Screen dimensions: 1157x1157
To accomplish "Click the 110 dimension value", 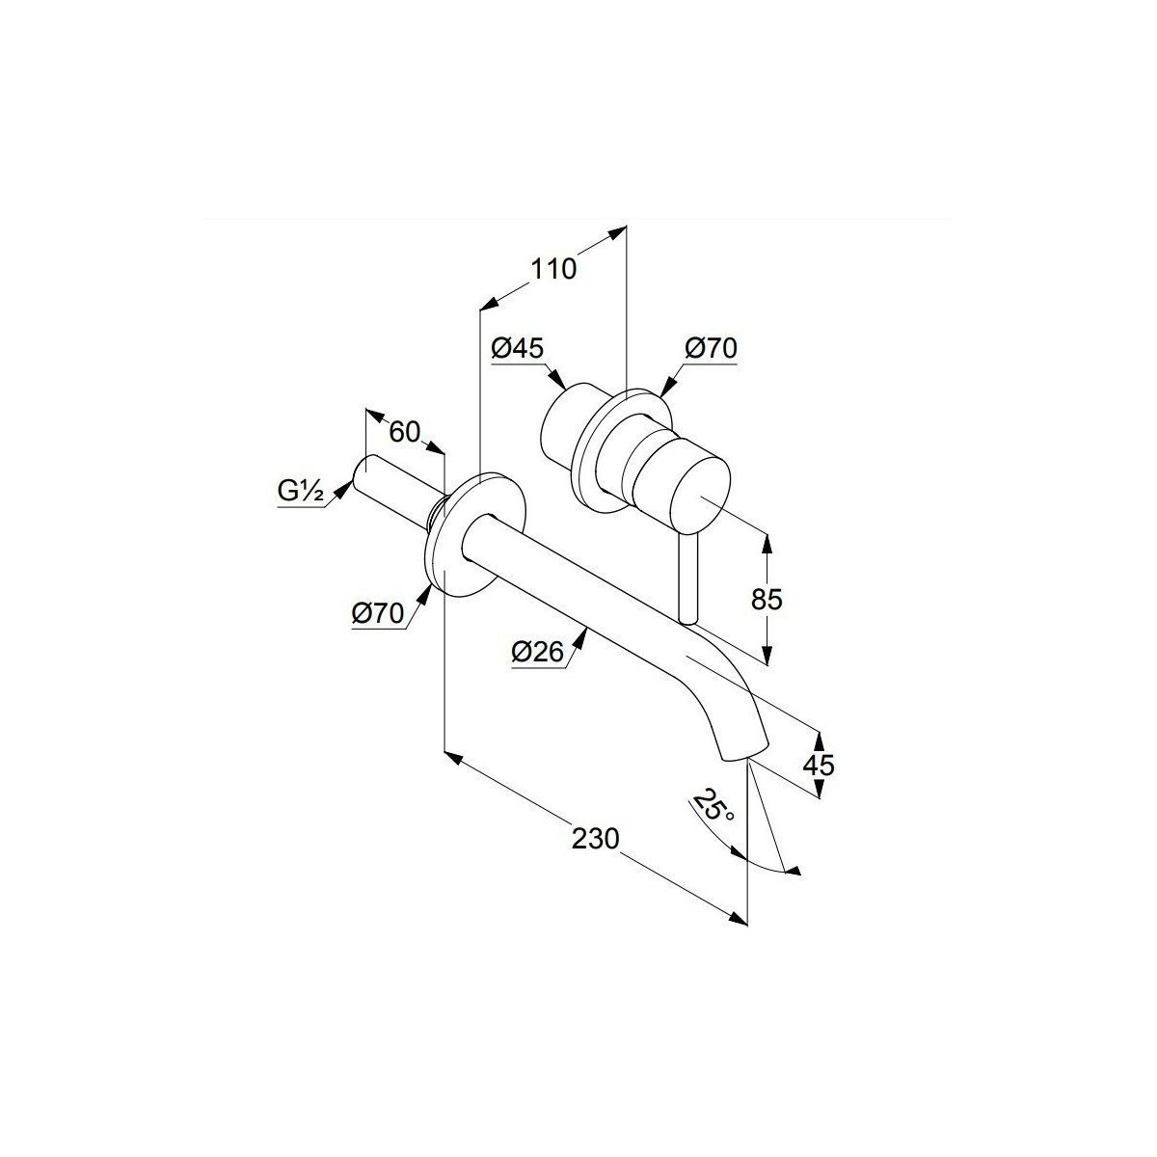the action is pos(552,269).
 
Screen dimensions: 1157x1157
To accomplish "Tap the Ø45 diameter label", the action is pos(518,348).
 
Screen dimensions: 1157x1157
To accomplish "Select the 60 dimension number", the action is pos(405,432).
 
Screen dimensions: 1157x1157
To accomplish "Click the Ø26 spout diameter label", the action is pos(538,652).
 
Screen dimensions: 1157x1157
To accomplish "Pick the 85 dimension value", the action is pos(767,599).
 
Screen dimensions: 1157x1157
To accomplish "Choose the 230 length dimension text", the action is pos(595,839).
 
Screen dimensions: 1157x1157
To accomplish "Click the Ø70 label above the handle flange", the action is pos(711,348).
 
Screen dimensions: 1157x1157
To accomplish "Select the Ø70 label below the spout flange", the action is pos(378,613).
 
